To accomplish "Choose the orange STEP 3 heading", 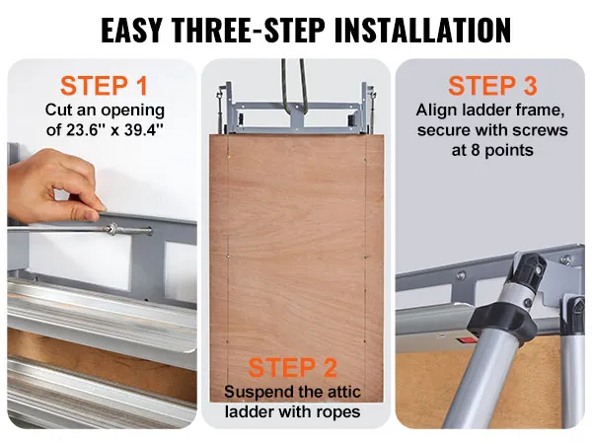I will pos(492,86).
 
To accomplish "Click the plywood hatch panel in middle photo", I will pos(295,247).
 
